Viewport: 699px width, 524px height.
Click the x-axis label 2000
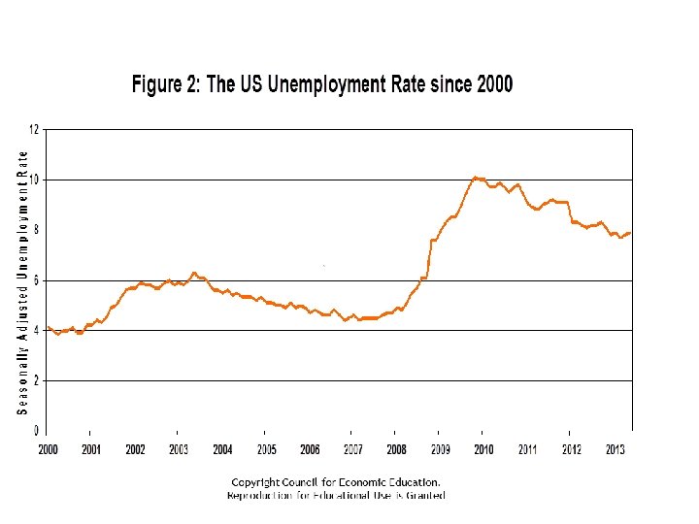49,449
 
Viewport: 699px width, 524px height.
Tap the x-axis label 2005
267,449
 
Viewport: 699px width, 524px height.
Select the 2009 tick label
441,449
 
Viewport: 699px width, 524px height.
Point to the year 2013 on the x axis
615,449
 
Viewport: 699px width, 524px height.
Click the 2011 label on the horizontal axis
527,449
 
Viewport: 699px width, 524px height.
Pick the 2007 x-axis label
353,449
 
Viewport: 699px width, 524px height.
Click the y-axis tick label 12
35,129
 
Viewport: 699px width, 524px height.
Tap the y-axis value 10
35,180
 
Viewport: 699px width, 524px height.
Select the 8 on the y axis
37,230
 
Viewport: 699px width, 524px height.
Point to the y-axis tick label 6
37,280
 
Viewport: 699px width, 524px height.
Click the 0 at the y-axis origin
37,430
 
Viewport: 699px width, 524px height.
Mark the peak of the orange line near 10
475,178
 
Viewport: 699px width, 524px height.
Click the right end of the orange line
630,233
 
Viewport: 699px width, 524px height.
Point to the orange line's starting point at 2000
48,327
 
